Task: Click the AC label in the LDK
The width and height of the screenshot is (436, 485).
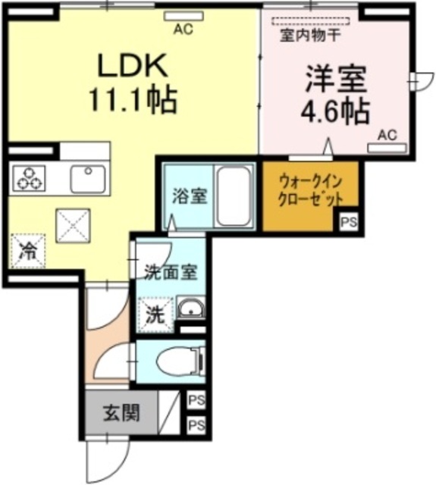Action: pyautogui.click(x=183, y=30)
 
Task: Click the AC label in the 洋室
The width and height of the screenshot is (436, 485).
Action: pyautogui.click(x=387, y=135)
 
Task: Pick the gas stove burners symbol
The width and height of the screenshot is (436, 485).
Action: pyautogui.click(x=29, y=179)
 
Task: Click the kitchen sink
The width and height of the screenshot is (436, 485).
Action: pyautogui.click(x=90, y=179)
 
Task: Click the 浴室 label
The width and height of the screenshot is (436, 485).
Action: pyautogui.click(x=188, y=196)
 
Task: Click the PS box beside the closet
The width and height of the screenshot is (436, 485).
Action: pyautogui.click(x=348, y=223)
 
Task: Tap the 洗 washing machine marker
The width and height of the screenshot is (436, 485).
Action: pyautogui.click(x=154, y=314)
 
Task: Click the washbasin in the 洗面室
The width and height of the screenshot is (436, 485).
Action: pyautogui.click(x=190, y=310)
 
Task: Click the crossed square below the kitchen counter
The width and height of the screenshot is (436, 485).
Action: pyautogui.click(x=73, y=224)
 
